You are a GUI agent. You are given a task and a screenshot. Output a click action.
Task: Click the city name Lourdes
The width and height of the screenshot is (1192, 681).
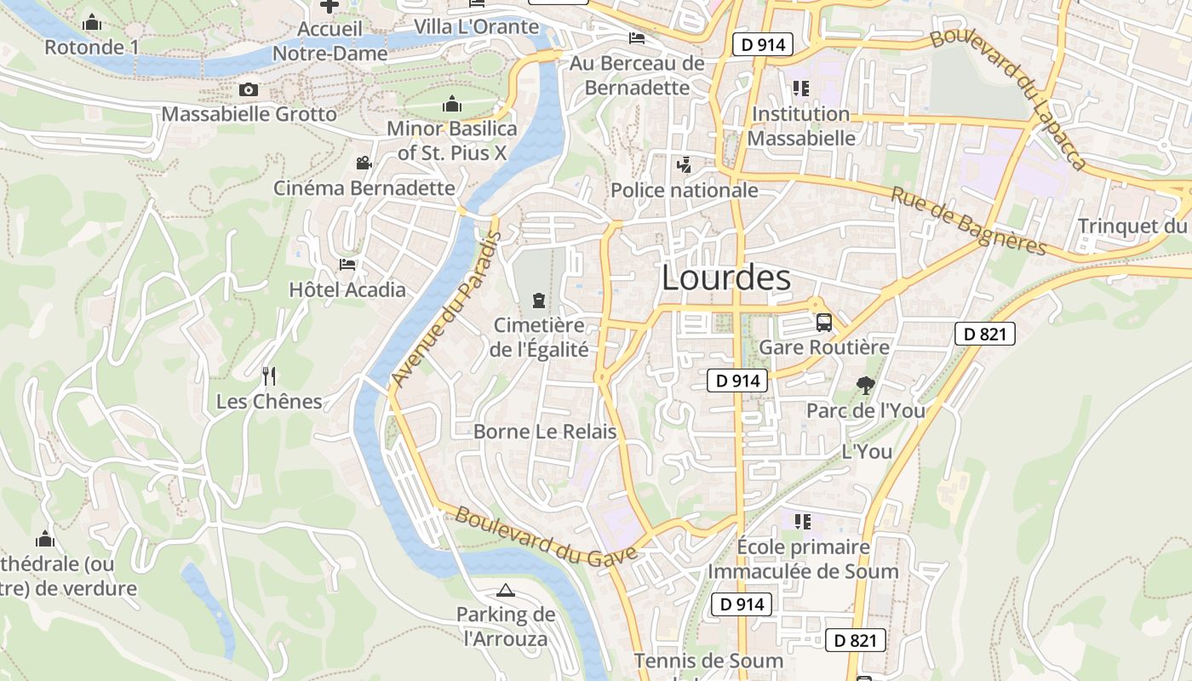pos(725,278)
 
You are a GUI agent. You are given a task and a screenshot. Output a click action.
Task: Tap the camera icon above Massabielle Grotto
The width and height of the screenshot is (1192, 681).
pos(249,89)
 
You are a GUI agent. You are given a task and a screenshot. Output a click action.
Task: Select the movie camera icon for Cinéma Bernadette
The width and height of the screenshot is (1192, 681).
pos(364,163)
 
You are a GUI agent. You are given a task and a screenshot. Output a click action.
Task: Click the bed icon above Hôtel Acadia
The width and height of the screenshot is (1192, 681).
pos(347,265)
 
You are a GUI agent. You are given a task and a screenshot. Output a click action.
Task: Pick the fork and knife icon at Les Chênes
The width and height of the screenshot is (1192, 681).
pos(269,375)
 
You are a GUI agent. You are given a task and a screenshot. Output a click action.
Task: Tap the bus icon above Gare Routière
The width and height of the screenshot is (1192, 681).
pos(823,323)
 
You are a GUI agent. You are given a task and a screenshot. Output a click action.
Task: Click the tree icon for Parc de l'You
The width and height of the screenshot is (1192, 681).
pos(865,386)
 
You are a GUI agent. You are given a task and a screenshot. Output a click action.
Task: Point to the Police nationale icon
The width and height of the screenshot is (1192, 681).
pos(684,165)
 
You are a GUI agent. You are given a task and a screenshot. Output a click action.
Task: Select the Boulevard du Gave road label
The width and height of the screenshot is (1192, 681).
pos(546,536)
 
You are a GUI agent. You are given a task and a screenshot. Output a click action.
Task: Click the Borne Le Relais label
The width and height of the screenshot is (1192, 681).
pos(545,432)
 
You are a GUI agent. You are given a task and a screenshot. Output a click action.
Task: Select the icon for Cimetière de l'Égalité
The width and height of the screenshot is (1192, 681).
pos(538,300)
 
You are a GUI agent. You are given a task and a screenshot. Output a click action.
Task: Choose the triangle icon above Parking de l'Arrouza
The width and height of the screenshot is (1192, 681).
pos(506,590)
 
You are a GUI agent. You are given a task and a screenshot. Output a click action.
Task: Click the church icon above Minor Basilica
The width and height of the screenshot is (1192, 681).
pos(451,105)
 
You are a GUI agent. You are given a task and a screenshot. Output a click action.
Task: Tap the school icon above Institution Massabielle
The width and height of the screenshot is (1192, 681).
pos(800,89)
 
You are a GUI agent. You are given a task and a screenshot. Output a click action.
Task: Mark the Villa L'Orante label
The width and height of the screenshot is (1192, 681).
pos(477,26)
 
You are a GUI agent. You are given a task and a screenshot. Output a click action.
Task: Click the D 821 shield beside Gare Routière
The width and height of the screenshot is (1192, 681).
pos(985,334)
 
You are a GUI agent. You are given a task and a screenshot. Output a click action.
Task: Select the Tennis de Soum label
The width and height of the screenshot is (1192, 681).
pos(708,661)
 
